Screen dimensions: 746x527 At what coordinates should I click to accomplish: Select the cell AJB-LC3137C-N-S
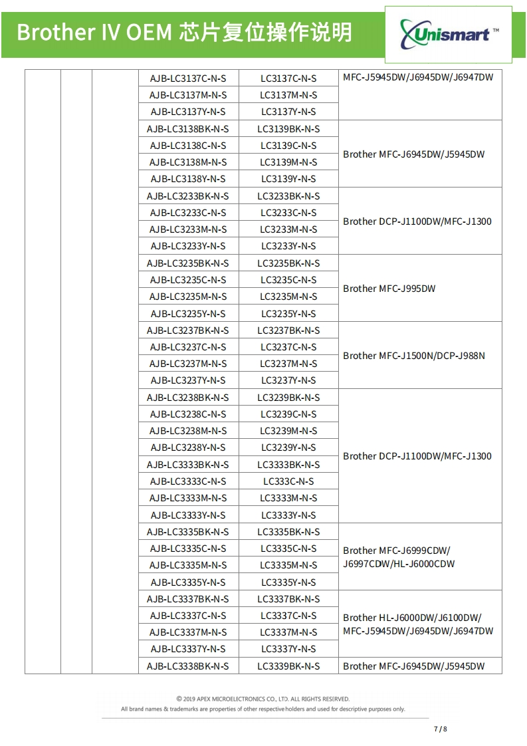188,78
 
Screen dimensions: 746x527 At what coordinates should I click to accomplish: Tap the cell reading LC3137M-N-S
288,95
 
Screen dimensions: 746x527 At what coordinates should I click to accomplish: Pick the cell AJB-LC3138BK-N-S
188,129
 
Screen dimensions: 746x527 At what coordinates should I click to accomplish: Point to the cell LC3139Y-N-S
288,179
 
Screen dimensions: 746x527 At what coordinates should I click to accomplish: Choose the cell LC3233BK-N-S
288,196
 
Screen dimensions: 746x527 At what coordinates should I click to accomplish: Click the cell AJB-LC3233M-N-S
188,229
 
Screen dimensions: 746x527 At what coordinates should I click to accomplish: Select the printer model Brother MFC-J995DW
389,289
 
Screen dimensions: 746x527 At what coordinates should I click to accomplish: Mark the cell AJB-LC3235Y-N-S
188,314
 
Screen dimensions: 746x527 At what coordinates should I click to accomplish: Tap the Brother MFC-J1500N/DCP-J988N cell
414,356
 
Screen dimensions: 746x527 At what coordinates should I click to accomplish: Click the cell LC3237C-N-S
288,347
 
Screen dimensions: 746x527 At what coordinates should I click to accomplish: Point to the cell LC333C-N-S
288,481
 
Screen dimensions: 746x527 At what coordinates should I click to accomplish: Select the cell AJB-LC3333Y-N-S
188,515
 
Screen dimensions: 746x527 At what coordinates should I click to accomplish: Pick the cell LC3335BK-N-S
288,532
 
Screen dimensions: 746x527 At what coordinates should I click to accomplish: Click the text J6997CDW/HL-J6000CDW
399,564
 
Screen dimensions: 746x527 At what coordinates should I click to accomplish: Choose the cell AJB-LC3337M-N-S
188,632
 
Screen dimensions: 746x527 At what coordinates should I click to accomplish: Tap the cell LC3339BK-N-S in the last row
288,666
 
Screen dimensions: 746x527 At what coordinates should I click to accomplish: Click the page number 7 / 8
441,729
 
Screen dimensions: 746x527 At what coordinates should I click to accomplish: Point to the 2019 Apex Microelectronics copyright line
263,699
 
